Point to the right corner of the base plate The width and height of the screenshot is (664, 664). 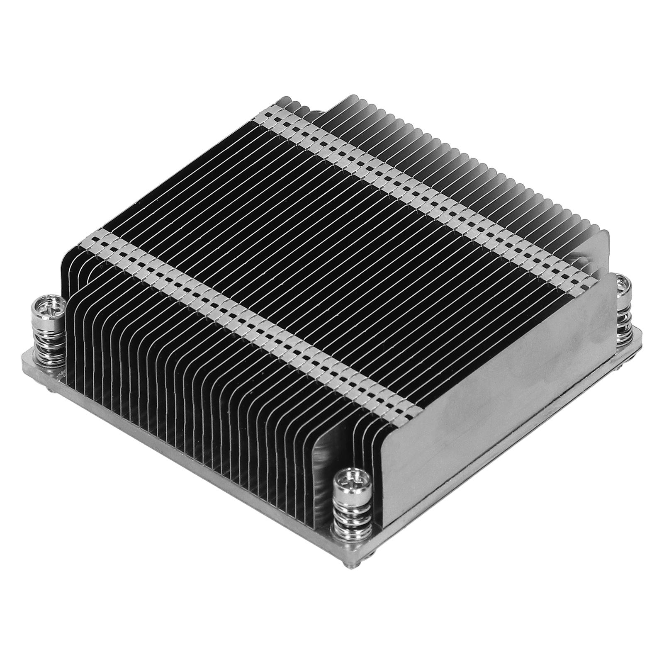coord(641,332)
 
